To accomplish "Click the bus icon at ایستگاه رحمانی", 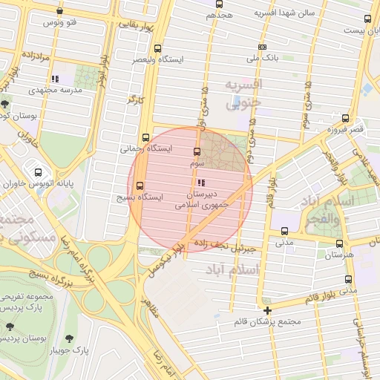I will [x=145, y=137].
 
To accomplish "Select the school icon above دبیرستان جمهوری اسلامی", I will [x=200, y=182].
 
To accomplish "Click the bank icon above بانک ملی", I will [x=262, y=46].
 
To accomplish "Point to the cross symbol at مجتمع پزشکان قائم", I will [x=267, y=309].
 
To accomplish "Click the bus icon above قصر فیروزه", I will [x=345, y=118].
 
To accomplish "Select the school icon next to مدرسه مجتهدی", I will [x=55, y=78].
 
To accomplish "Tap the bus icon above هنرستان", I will [x=339, y=243].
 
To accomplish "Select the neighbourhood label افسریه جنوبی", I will [x=244, y=94].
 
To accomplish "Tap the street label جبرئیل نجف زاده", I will [x=223, y=243].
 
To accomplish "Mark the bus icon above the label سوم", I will [x=196, y=151].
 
